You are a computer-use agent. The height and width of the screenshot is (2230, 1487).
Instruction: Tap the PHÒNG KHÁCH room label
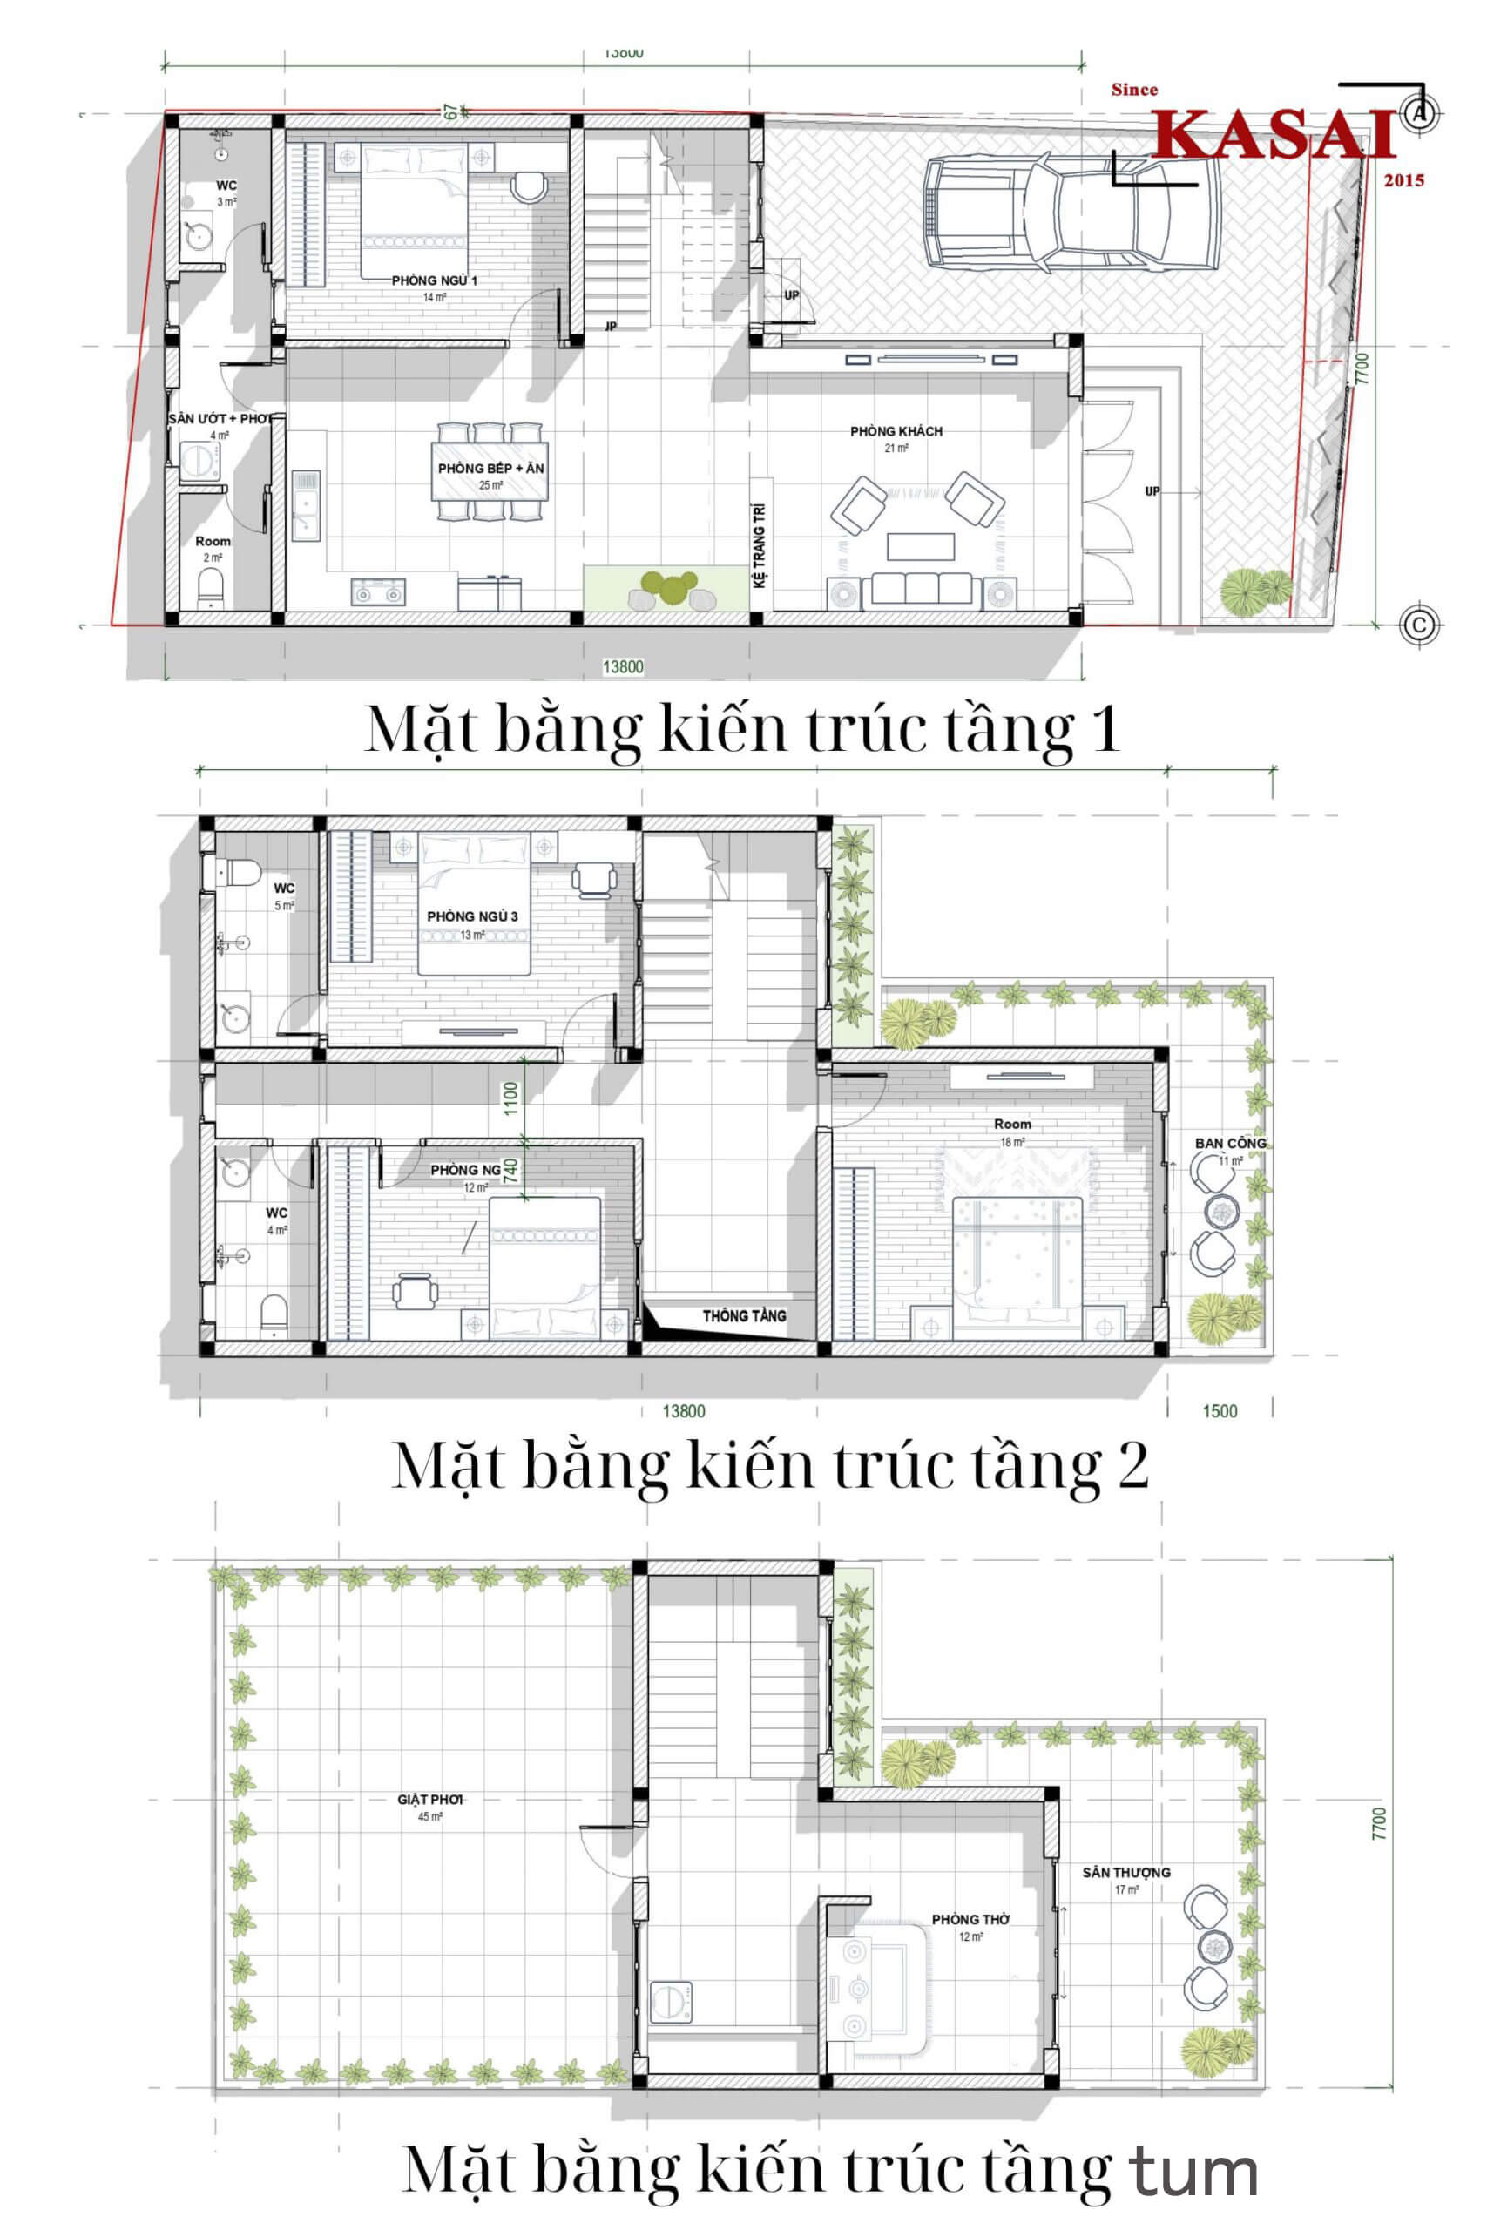[896, 432]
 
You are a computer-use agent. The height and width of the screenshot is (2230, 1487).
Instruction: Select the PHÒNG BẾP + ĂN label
[490, 470]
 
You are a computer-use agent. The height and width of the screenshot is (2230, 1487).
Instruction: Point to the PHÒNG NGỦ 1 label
[435, 281]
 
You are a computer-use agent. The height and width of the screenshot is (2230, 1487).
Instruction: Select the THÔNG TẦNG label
[744, 1316]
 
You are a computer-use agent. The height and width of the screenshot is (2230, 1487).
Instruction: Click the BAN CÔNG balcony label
[1229, 1144]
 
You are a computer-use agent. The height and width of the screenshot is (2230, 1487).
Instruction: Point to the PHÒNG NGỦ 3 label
[472, 917]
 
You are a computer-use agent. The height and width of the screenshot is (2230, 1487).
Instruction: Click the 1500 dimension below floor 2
[1220, 1411]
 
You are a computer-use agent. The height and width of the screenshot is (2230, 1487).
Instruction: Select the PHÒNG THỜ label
[970, 1920]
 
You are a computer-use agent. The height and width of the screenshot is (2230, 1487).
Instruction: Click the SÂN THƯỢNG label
[1125, 1873]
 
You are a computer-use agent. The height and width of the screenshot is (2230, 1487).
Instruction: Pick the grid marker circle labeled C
[1420, 625]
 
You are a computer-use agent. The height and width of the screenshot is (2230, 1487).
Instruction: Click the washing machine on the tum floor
[672, 2002]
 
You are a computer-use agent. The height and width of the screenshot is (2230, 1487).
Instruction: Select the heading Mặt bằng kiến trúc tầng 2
[770, 1467]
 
